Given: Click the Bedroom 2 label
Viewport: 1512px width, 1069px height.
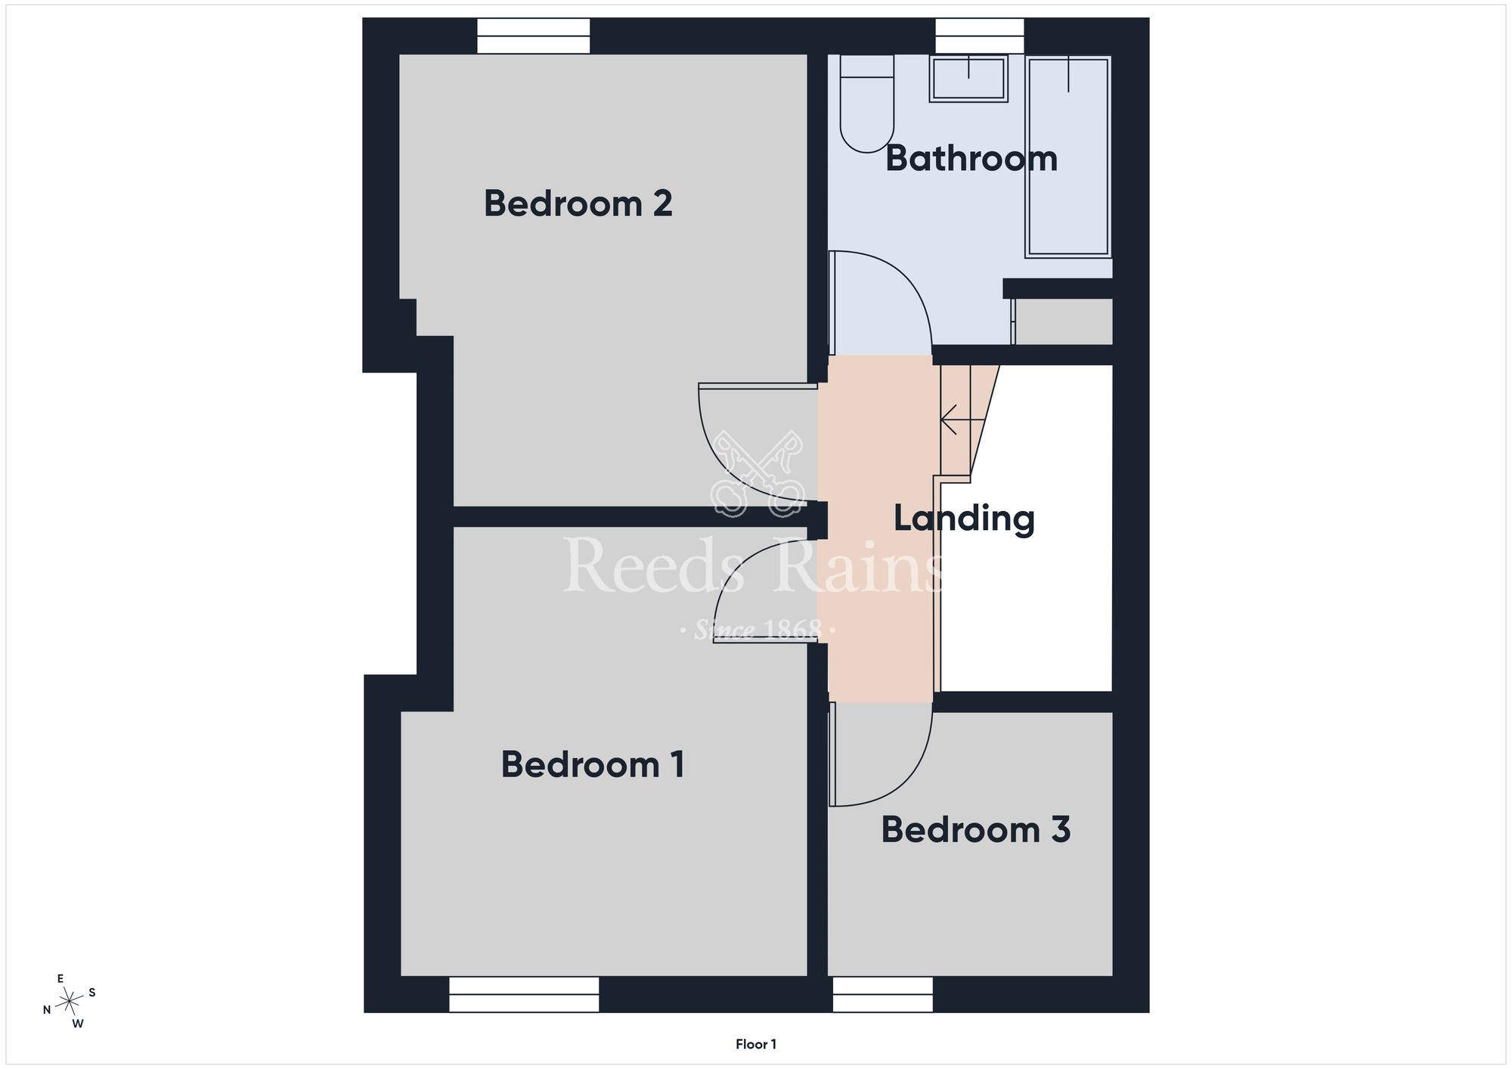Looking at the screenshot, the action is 578,203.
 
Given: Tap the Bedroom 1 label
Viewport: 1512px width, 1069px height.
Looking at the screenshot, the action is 593,764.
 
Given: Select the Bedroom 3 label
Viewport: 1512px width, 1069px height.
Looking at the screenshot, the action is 976,829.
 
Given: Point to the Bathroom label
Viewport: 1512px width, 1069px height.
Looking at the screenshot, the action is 971,158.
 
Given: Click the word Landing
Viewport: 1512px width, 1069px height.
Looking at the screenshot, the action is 964,519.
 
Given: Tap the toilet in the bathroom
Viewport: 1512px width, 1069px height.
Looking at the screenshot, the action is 867,104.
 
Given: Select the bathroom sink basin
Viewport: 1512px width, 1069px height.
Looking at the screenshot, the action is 968,79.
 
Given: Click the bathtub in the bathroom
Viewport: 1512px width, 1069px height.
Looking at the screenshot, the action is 1068,156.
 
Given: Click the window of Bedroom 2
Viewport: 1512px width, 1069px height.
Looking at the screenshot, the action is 534,36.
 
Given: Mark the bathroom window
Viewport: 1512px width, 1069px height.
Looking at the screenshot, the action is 980,36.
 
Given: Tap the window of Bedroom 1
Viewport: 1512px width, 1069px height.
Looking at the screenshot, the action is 524,994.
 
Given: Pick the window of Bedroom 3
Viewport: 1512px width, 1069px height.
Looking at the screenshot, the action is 883,994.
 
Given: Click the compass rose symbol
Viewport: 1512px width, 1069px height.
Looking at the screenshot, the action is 69,1002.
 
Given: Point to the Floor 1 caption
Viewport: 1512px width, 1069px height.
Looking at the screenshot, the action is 756,1044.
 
